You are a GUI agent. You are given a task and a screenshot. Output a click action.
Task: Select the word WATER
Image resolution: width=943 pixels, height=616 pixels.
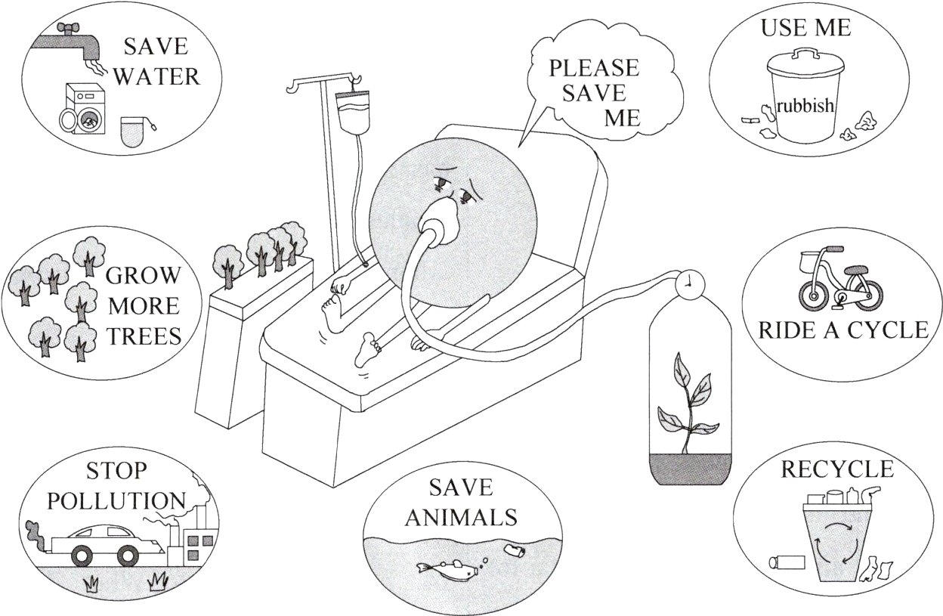[x=156, y=77]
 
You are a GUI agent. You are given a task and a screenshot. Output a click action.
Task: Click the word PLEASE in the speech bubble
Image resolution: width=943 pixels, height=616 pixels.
[x=593, y=68]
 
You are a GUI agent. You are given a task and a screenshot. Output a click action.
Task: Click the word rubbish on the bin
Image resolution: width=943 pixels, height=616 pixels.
[x=805, y=106]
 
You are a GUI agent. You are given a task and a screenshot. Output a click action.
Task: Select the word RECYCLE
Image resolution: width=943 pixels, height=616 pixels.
[x=836, y=469]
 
